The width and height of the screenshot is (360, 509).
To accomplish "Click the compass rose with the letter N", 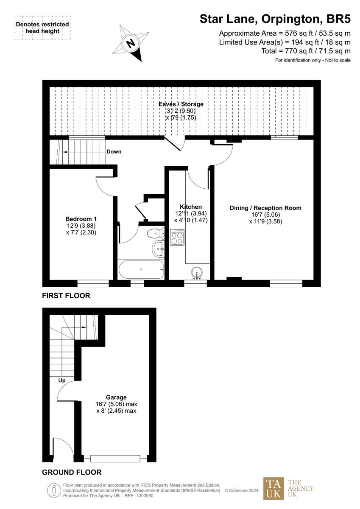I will click(x=131, y=42).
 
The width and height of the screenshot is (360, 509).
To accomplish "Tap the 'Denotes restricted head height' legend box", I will click(x=42, y=28).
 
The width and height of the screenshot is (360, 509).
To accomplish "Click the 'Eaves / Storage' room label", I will click(x=181, y=104).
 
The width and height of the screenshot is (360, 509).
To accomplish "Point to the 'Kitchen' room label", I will click(x=191, y=207).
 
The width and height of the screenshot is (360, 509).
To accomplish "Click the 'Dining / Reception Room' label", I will click(x=265, y=208).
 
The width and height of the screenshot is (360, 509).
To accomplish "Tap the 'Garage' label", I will click(x=116, y=397).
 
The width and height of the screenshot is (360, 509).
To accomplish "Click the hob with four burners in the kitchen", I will click(x=176, y=237).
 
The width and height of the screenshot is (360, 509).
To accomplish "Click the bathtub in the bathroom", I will click(x=140, y=269).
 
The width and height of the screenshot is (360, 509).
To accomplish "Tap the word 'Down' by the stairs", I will click(x=114, y=151).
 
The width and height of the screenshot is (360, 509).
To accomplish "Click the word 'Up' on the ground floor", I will click(x=62, y=380).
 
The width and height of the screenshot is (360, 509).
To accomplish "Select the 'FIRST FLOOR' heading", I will click(x=66, y=296).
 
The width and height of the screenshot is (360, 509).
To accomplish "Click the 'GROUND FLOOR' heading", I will click(x=72, y=472).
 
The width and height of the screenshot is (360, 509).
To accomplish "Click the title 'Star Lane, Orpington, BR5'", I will click(x=275, y=19).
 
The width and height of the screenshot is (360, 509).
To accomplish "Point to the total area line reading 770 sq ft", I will click(x=306, y=51).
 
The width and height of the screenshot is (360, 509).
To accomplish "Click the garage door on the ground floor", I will click(x=115, y=459).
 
